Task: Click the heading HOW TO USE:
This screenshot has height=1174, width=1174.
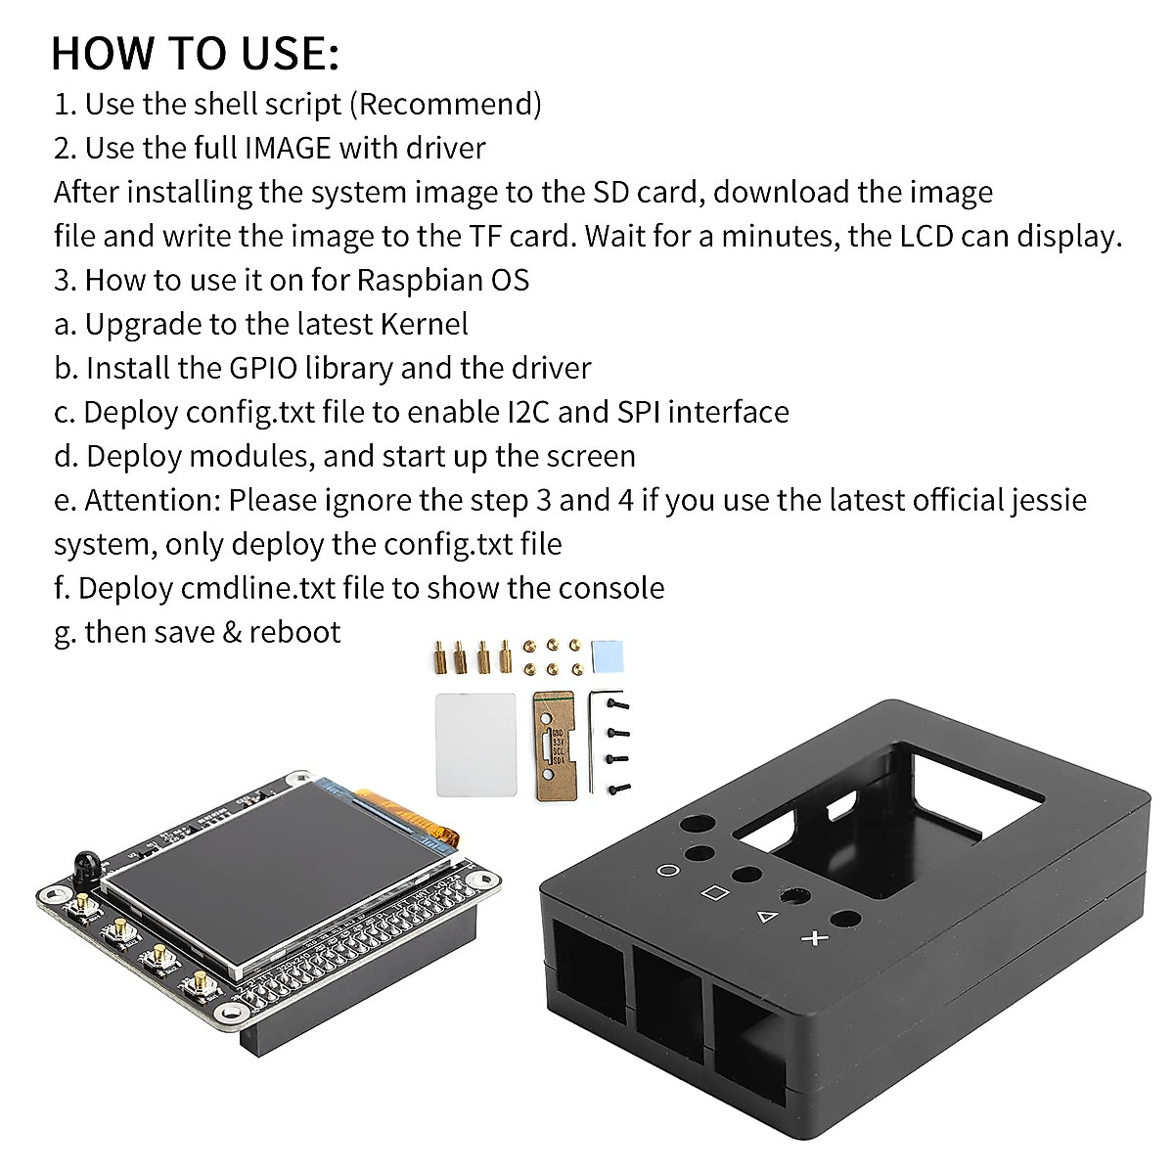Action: click(195, 53)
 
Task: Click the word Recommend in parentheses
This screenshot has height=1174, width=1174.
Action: click(444, 104)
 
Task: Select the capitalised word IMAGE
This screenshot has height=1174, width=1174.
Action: click(289, 148)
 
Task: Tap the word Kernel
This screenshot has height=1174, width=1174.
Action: click(424, 324)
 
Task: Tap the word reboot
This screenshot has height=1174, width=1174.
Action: click(294, 632)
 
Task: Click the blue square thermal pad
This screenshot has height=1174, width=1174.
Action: click(607, 657)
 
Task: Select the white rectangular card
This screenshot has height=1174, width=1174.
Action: click(474, 745)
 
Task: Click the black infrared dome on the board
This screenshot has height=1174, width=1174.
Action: click(85, 865)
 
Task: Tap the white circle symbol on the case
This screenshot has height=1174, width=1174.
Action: click(668, 870)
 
